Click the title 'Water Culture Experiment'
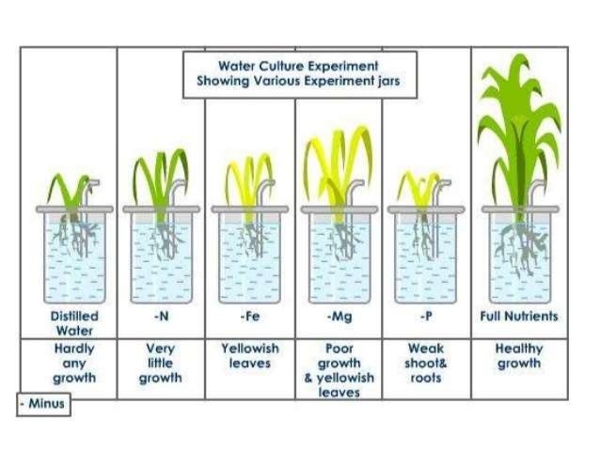tap(298, 66)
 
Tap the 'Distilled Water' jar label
tap(73, 322)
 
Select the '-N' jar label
tap(161, 317)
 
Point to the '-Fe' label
tap(249, 317)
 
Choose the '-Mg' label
tap(339, 317)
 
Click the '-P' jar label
tap(426, 317)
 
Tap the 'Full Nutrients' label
tap(518, 317)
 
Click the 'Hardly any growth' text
tap(73, 364)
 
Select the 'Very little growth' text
tap(161, 364)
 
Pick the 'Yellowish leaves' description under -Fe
tap(249, 356)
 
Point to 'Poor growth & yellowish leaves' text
tap(339, 370)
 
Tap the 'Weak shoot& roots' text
tap(426, 364)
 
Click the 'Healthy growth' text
tap(518, 356)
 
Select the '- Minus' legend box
tap(43, 405)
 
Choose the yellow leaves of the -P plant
tap(419, 188)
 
